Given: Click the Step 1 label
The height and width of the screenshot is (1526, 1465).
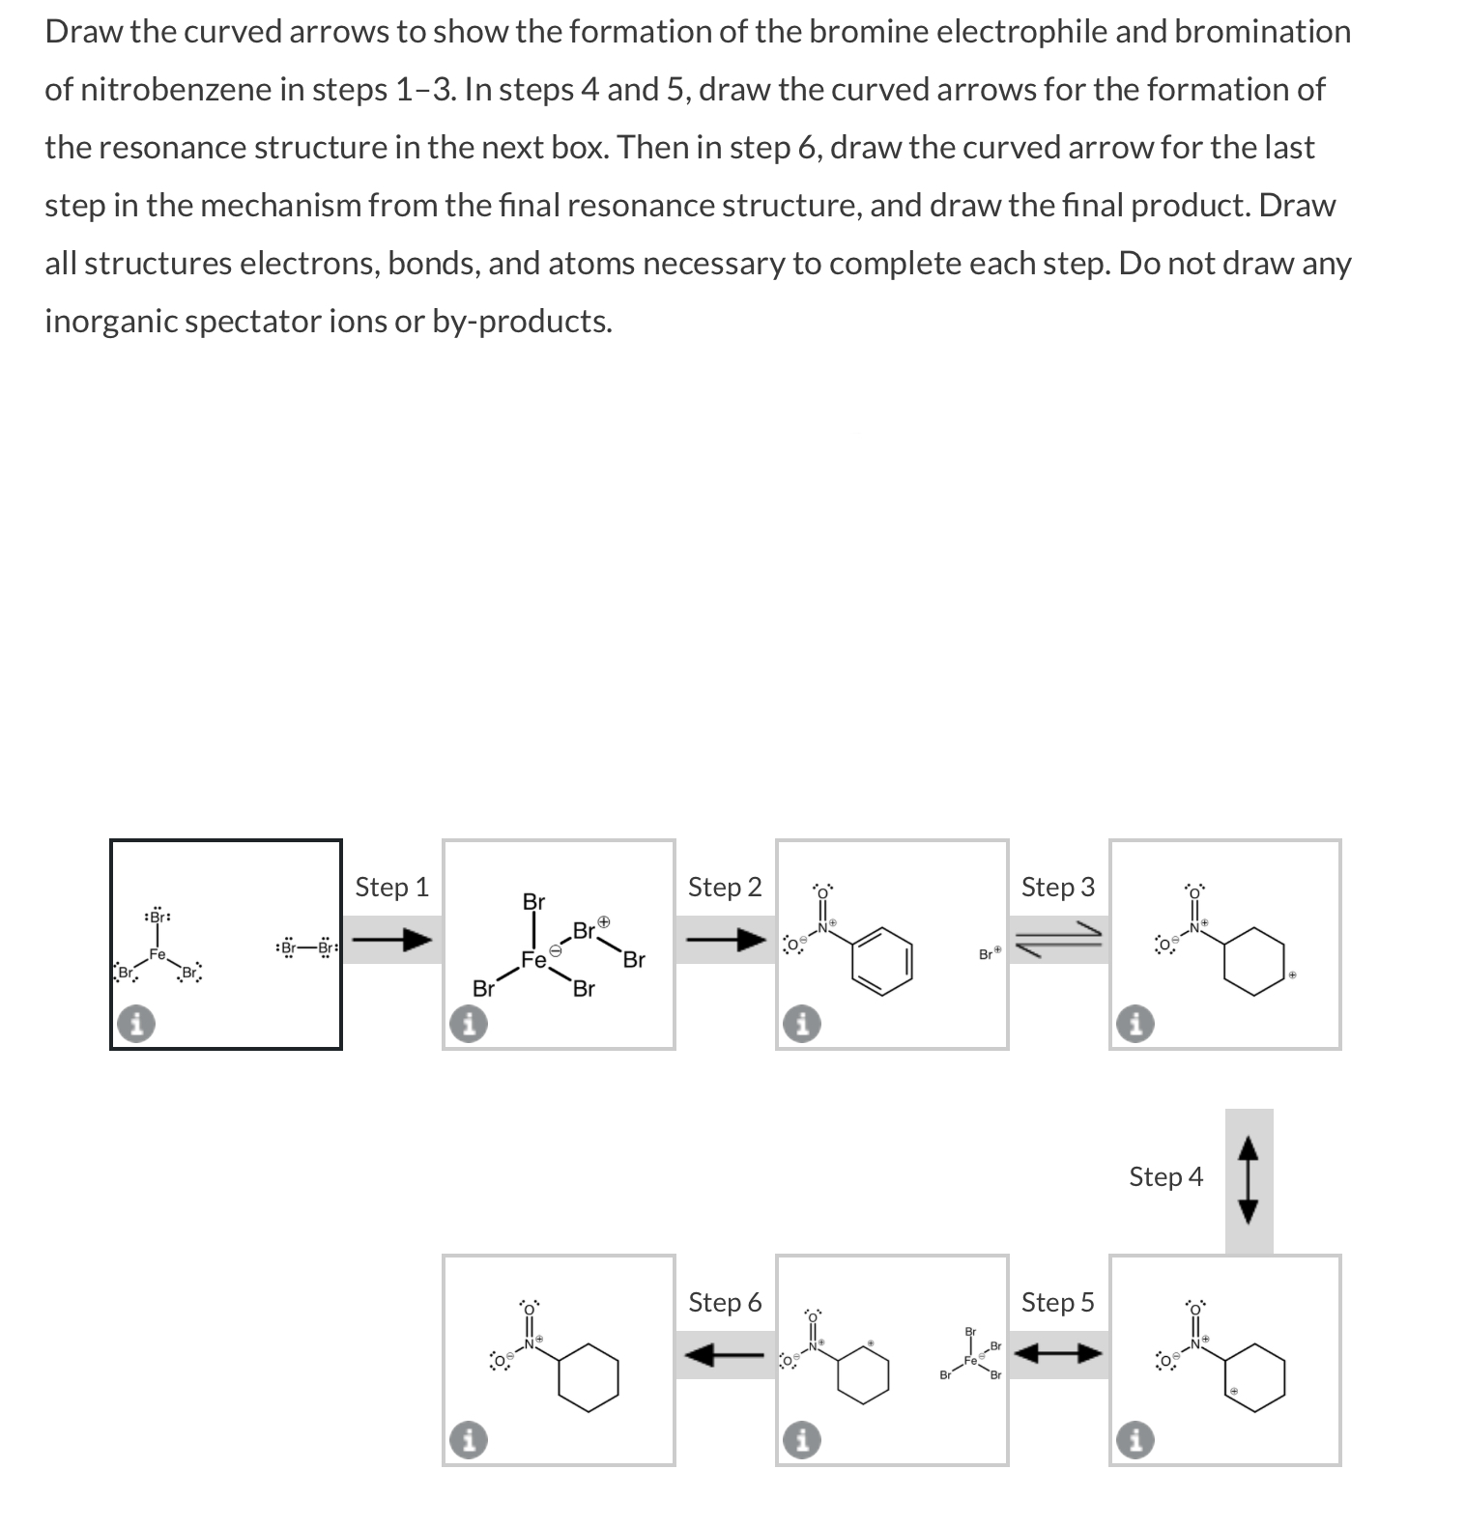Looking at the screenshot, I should pyautogui.click(x=391, y=887).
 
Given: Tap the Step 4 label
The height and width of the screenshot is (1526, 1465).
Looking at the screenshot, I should pyautogui.click(x=1165, y=1176).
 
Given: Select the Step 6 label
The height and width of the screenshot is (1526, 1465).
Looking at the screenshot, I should pyautogui.click(x=725, y=1302).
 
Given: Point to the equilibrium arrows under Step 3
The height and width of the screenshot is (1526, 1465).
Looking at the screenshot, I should pyautogui.click(x=1059, y=940).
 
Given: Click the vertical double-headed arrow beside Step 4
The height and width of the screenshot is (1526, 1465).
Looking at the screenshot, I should pyautogui.click(x=1249, y=1180).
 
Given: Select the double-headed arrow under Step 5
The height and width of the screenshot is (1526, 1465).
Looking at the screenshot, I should pyautogui.click(x=1059, y=1354).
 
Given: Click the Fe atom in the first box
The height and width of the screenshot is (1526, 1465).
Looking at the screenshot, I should pyautogui.click(x=158, y=954).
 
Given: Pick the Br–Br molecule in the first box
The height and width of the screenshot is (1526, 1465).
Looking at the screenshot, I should pyautogui.click(x=305, y=947).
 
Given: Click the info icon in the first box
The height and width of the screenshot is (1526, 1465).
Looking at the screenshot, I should pyautogui.click(x=136, y=1024).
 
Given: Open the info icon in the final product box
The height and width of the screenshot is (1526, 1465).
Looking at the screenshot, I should pyautogui.click(x=468, y=1440).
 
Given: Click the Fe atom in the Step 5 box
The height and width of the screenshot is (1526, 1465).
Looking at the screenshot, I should pyautogui.click(x=970, y=1361).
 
